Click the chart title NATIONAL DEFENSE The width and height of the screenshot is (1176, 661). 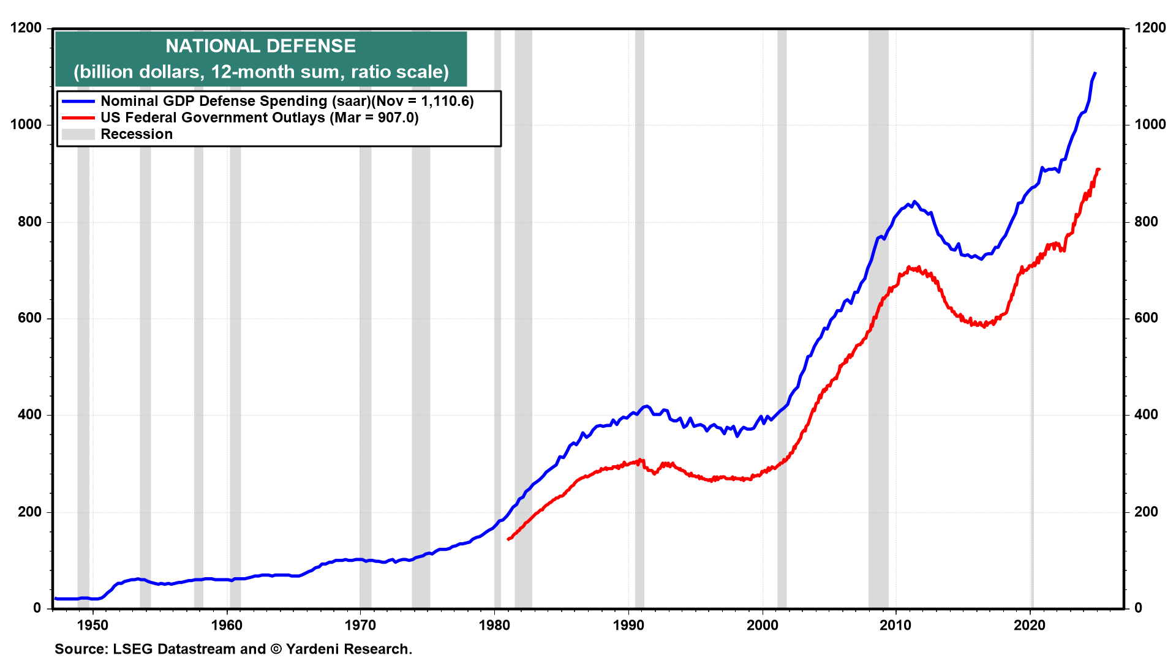pos(260,46)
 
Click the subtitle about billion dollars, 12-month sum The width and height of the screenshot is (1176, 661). pos(261,72)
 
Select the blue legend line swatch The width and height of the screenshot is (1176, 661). pos(78,101)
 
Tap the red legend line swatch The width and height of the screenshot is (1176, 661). pos(78,118)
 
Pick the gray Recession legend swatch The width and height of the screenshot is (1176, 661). pos(78,134)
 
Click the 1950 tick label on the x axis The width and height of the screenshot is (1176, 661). pos(92,625)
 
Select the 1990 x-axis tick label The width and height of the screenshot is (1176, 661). pos(628,625)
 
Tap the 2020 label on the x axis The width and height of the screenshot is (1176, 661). pos(1030,625)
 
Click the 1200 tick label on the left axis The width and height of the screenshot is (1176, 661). pos(26,28)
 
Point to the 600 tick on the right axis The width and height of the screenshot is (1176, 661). pos(1146,318)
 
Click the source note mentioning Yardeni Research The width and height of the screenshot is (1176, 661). pos(233,649)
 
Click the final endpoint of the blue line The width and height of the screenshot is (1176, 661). pos(1095,73)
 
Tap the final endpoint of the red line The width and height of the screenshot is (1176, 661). pos(1099,169)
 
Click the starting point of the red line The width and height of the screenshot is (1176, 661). pos(508,539)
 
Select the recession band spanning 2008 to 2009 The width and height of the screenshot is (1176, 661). pos(878,318)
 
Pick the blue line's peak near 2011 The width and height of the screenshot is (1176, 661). pos(914,201)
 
